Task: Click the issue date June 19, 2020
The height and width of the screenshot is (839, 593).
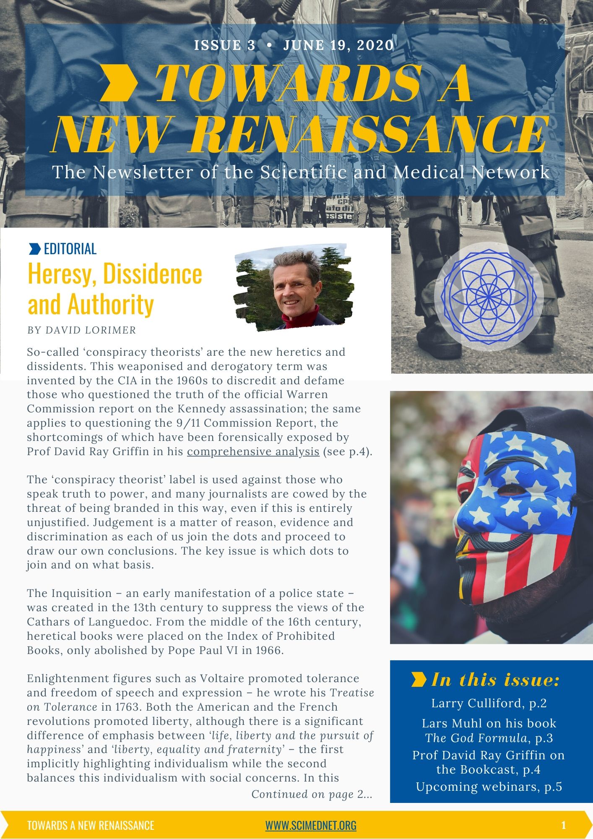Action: point(338,45)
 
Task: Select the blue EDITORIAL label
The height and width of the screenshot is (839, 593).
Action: point(70,249)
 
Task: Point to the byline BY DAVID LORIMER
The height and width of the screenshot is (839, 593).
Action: point(82,330)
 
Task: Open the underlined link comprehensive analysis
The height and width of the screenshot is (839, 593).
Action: point(253,452)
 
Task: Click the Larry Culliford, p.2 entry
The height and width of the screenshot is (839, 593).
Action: point(489,704)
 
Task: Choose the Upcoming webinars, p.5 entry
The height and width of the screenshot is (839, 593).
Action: point(489,787)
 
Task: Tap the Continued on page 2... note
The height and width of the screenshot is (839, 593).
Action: point(312,794)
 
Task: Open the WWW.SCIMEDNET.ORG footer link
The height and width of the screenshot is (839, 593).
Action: point(311,826)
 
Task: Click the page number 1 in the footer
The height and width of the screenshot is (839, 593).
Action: point(563,826)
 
